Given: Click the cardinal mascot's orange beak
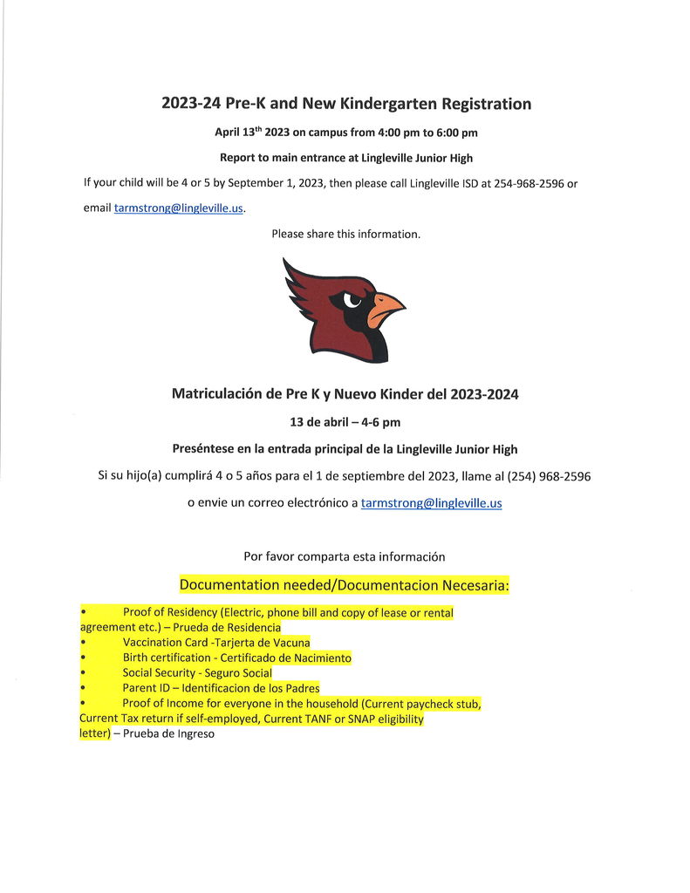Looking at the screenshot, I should (385, 308).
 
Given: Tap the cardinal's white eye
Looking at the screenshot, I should (352, 299).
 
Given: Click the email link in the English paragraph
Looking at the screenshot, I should (179, 208).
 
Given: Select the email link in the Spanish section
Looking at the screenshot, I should (431, 503).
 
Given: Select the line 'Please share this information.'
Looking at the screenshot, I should (345, 234).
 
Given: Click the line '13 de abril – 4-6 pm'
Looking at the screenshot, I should (345, 422).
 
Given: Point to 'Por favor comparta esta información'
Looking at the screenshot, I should (345, 556).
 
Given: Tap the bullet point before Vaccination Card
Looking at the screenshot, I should (82, 643).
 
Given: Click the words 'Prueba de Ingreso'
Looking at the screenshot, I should (168, 734).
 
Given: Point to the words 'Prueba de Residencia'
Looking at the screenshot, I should (231, 628).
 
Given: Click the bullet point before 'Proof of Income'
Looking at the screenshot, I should (82, 704).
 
